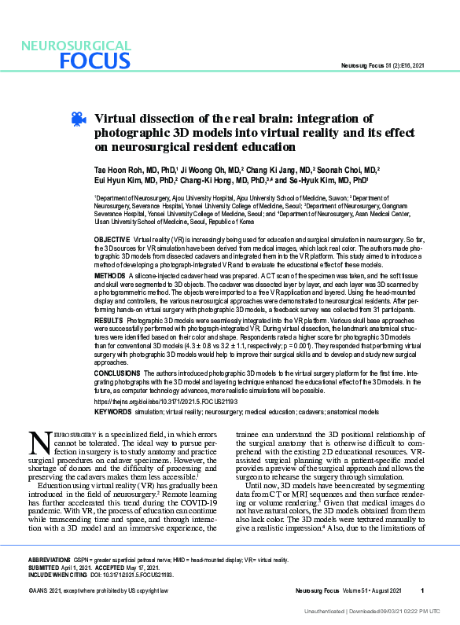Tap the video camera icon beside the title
(x=78, y=119)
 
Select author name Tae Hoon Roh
(x=120, y=169)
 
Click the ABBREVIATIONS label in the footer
(x=50, y=560)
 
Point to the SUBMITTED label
(x=44, y=567)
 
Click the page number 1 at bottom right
(x=422, y=590)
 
